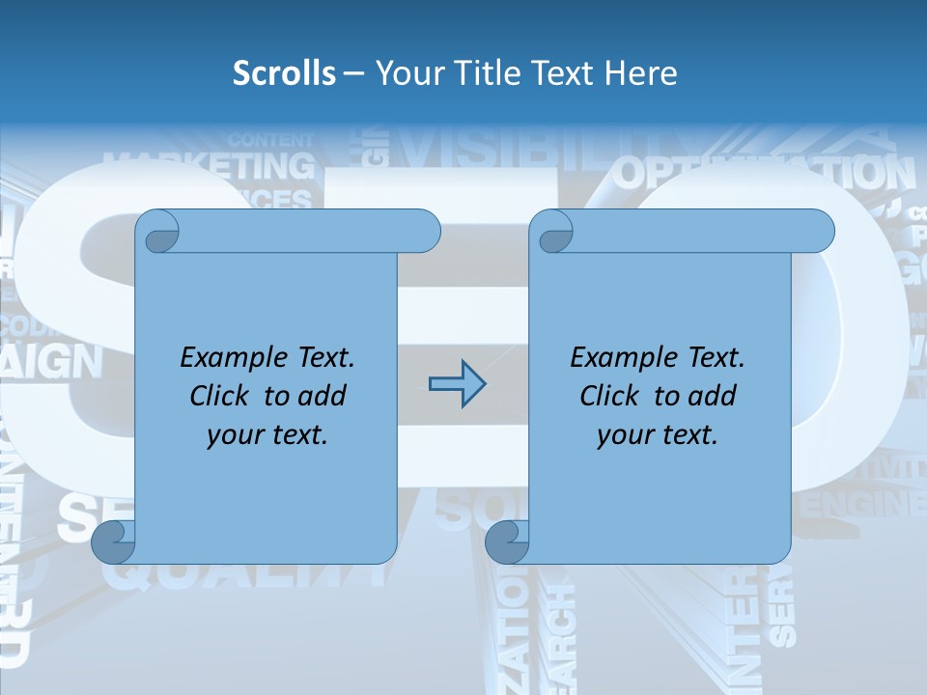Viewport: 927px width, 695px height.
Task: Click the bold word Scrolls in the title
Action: tap(284, 72)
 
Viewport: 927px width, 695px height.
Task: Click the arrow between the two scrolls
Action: tap(457, 383)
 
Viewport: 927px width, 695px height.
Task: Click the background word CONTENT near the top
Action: tap(271, 140)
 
